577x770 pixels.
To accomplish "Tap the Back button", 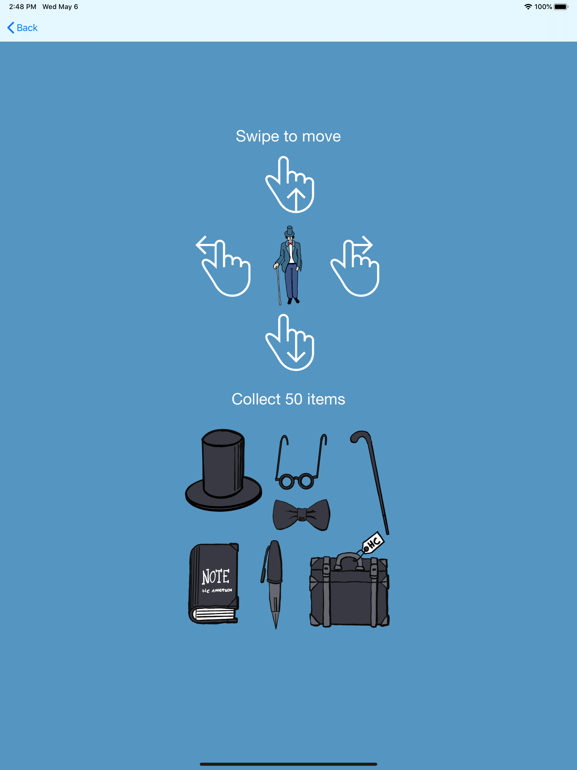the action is (22, 28).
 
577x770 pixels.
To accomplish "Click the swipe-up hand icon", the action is (290, 185).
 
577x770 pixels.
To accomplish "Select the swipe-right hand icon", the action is (355, 266).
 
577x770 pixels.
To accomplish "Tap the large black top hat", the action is (223, 470).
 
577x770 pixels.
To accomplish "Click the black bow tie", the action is (301, 514).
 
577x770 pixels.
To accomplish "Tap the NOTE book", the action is (214, 583).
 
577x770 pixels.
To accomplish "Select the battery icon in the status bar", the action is (561, 6).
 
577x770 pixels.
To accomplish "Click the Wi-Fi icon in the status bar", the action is (528, 6).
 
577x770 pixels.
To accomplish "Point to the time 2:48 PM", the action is (23, 6).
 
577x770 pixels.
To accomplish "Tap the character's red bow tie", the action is (290, 244).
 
